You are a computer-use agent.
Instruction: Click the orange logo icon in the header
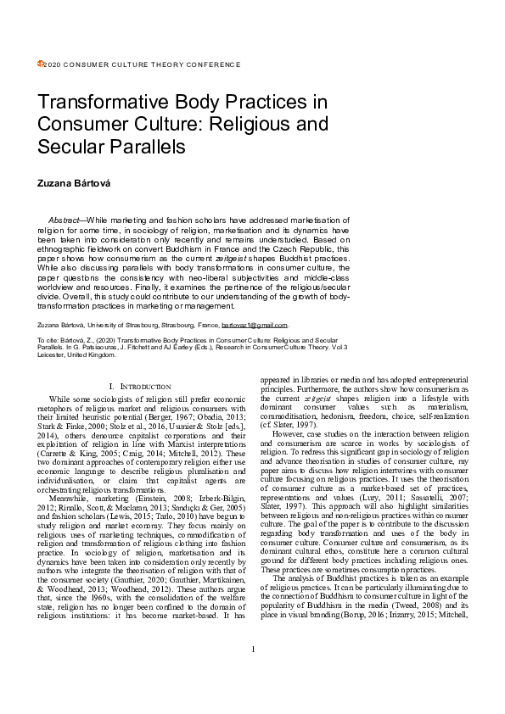(40, 64)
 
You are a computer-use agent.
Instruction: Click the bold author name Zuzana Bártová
(72, 182)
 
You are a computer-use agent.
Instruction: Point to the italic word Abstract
(66, 220)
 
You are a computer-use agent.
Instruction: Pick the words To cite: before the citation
(49, 339)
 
